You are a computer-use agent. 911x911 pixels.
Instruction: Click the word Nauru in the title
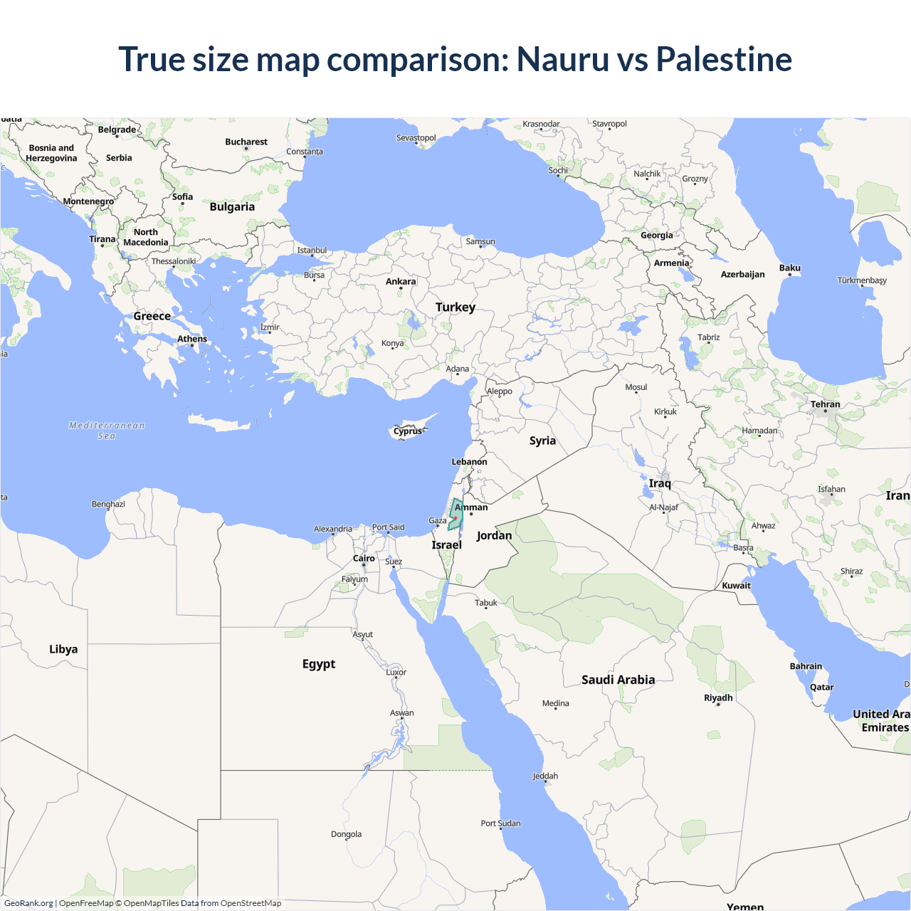pyautogui.click(x=562, y=59)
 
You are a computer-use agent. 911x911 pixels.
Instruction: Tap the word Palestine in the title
pyautogui.click(x=724, y=59)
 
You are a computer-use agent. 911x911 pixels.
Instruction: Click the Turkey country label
pyautogui.click(x=455, y=307)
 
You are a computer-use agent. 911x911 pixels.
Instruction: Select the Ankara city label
pyautogui.click(x=401, y=282)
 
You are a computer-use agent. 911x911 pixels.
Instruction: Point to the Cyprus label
pyautogui.click(x=407, y=431)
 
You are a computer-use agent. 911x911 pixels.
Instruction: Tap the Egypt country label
pyautogui.click(x=319, y=664)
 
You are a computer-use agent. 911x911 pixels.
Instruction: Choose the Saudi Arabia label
pyautogui.click(x=618, y=680)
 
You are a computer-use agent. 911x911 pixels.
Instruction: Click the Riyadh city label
pyautogui.click(x=718, y=697)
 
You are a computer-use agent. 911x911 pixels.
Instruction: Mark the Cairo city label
pyautogui.click(x=364, y=559)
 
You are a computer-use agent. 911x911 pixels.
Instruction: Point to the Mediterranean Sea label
pyautogui.click(x=107, y=431)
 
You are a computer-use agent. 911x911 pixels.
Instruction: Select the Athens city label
pyautogui.click(x=192, y=339)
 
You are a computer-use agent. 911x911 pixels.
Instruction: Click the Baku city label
pyautogui.click(x=790, y=268)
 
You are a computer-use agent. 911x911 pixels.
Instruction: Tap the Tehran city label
pyautogui.click(x=826, y=404)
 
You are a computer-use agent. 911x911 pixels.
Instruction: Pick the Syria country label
pyautogui.click(x=542, y=441)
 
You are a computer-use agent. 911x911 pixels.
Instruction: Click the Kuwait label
pyautogui.click(x=736, y=586)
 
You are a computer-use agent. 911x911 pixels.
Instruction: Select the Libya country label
pyautogui.click(x=63, y=649)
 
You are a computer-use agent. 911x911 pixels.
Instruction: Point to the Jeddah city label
pyautogui.click(x=545, y=776)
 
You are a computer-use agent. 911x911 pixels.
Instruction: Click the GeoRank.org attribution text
pyautogui.click(x=28, y=903)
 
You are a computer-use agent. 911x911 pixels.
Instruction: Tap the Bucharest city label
pyautogui.click(x=246, y=142)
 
